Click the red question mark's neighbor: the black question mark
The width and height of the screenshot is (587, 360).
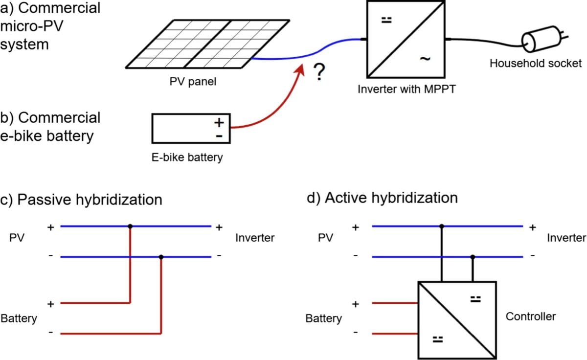(319, 72)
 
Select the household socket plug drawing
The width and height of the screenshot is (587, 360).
(544, 39)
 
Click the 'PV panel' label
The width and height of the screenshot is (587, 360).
(193, 82)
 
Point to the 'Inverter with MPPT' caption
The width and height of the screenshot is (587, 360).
(406, 89)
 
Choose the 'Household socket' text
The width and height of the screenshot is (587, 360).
(535, 64)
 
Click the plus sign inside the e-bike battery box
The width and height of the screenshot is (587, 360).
(219, 123)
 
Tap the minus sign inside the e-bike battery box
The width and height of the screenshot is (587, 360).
(219, 136)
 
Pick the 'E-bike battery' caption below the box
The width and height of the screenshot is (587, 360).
(187, 157)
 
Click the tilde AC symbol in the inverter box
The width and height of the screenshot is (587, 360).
(425, 59)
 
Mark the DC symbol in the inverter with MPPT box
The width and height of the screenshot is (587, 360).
(386, 20)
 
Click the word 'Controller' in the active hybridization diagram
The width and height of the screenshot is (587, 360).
(531, 316)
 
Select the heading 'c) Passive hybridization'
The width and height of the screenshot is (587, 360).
(81, 200)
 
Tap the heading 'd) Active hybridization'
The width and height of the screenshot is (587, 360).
(383, 198)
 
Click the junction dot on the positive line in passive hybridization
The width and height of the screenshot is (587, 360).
(130, 226)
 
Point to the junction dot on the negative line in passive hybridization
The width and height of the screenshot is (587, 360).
(161, 257)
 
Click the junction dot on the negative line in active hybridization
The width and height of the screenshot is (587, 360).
(473, 257)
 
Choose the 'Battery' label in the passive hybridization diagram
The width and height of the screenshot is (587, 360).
(19, 318)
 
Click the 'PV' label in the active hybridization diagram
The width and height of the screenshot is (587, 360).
(325, 238)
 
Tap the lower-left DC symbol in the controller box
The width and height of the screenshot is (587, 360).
(438, 339)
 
